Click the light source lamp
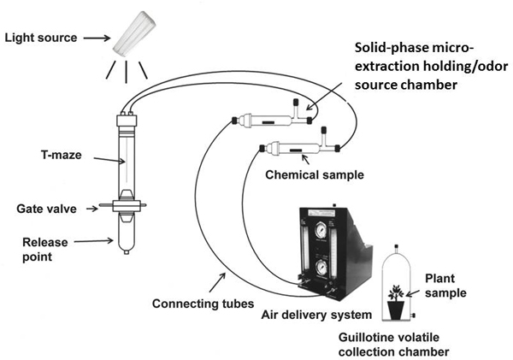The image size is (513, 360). (x=134, y=33)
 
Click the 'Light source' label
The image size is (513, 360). (x=40, y=38)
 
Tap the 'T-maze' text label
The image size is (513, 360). (x=62, y=155)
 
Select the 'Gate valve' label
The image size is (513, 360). (x=46, y=209)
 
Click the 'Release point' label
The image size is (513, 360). (x=45, y=250)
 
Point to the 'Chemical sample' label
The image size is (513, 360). (x=315, y=174)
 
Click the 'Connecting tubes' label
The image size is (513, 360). (x=203, y=304)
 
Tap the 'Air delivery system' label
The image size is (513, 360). (x=316, y=315)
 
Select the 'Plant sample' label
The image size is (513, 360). (x=445, y=286)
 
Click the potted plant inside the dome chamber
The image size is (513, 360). (x=396, y=301)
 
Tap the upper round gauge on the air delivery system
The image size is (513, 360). (x=319, y=231)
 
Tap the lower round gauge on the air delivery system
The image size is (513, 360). (x=319, y=268)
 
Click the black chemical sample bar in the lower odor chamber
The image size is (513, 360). (x=297, y=150)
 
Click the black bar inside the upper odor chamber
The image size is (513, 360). (x=268, y=123)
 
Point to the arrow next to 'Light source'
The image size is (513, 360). (x=97, y=38)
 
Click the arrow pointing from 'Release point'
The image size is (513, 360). (x=93, y=241)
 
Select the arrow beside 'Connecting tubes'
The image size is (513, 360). (x=217, y=282)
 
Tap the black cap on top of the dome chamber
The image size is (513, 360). (x=396, y=246)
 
